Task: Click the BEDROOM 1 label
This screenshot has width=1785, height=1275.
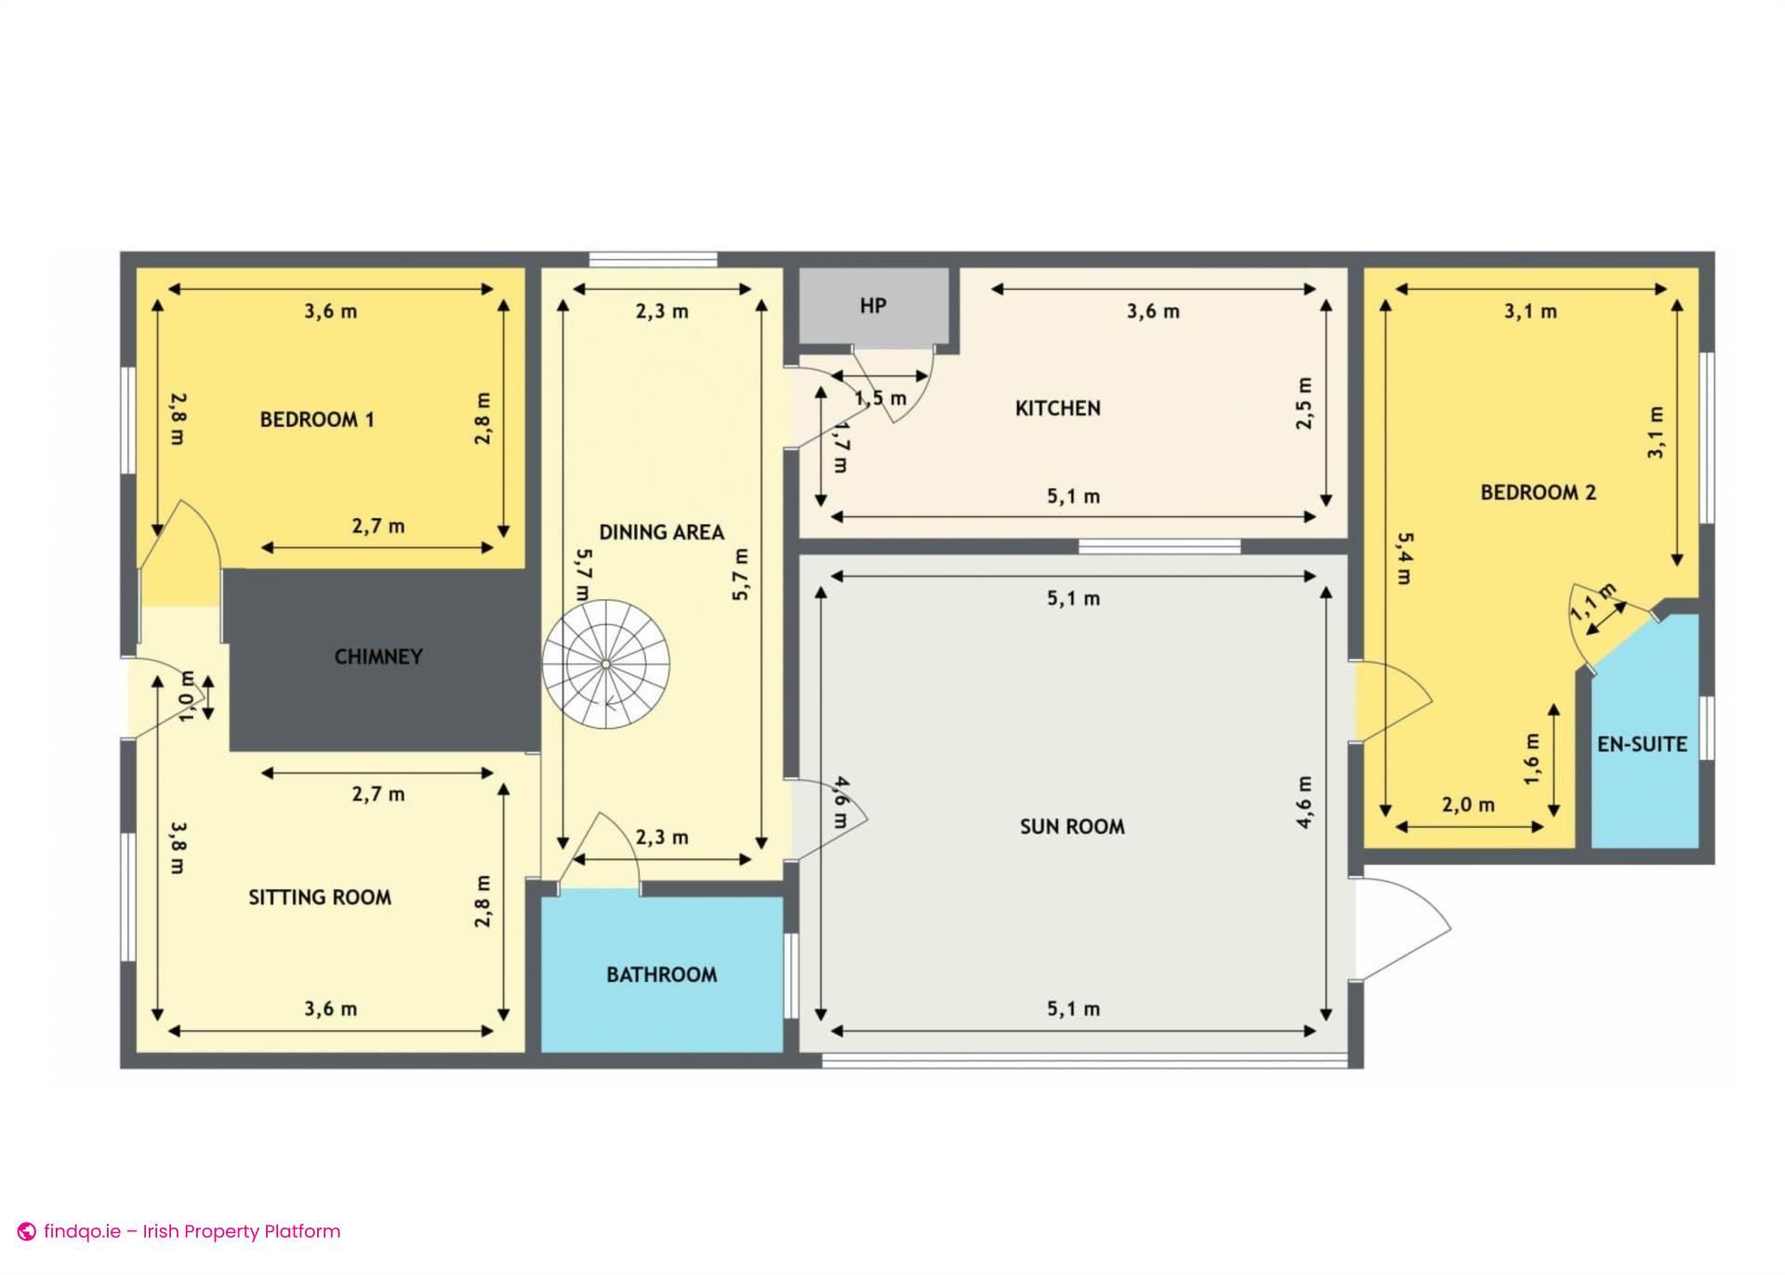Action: [317, 419]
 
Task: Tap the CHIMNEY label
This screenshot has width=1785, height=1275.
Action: [378, 657]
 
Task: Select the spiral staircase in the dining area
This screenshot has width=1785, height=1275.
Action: [605, 663]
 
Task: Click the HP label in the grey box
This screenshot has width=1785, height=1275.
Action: [873, 306]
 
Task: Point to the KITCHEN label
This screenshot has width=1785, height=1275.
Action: [1058, 408]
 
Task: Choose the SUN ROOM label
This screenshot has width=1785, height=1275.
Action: [1072, 827]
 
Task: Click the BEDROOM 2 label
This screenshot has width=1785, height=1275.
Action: [1538, 493]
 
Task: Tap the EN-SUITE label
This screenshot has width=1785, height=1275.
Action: [1642, 744]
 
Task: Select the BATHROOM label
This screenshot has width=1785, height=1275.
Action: [662, 975]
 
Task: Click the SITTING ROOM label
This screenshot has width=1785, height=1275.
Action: [320, 897]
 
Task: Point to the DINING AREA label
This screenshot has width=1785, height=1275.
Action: [661, 532]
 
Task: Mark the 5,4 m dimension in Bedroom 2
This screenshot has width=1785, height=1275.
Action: [1404, 558]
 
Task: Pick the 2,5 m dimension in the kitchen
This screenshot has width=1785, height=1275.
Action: [1304, 404]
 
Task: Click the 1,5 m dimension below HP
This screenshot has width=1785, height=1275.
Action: [880, 398]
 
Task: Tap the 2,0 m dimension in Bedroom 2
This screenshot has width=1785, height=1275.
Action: [1469, 804]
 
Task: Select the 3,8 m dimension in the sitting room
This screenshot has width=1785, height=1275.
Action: [177, 847]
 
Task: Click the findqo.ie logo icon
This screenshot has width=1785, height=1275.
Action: [27, 1231]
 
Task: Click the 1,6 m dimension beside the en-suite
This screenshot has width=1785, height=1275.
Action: [1532, 759]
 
